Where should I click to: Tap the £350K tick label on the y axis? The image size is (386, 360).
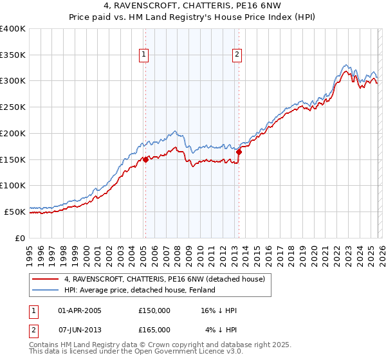pos(13,55)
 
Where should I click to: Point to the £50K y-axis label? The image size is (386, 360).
pos(15,211)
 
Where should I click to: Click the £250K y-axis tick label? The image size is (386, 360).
pos(13,107)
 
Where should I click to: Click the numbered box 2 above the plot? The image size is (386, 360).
pos(237,55)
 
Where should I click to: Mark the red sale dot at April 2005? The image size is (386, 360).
pos(145,159)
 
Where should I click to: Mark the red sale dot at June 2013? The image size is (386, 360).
pos(239,152)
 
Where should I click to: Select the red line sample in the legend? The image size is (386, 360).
pos(46,279)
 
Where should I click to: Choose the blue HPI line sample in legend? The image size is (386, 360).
pos(46,290)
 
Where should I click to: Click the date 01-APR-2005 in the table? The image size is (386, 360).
pos(80,311)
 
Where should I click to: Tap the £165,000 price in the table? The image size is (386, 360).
pos(154,329)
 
